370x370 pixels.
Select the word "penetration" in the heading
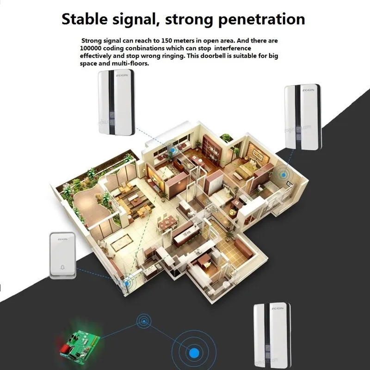pos(260,19)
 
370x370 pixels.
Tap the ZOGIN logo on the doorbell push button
pos(62,239)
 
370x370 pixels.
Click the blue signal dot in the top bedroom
pos(173,149)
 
